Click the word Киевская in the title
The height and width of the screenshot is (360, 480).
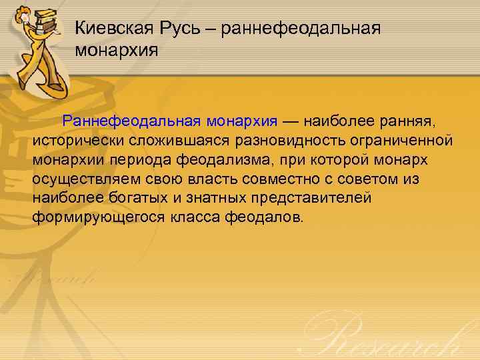pos(114,28)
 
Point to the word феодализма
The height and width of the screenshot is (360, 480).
pos(229,161)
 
